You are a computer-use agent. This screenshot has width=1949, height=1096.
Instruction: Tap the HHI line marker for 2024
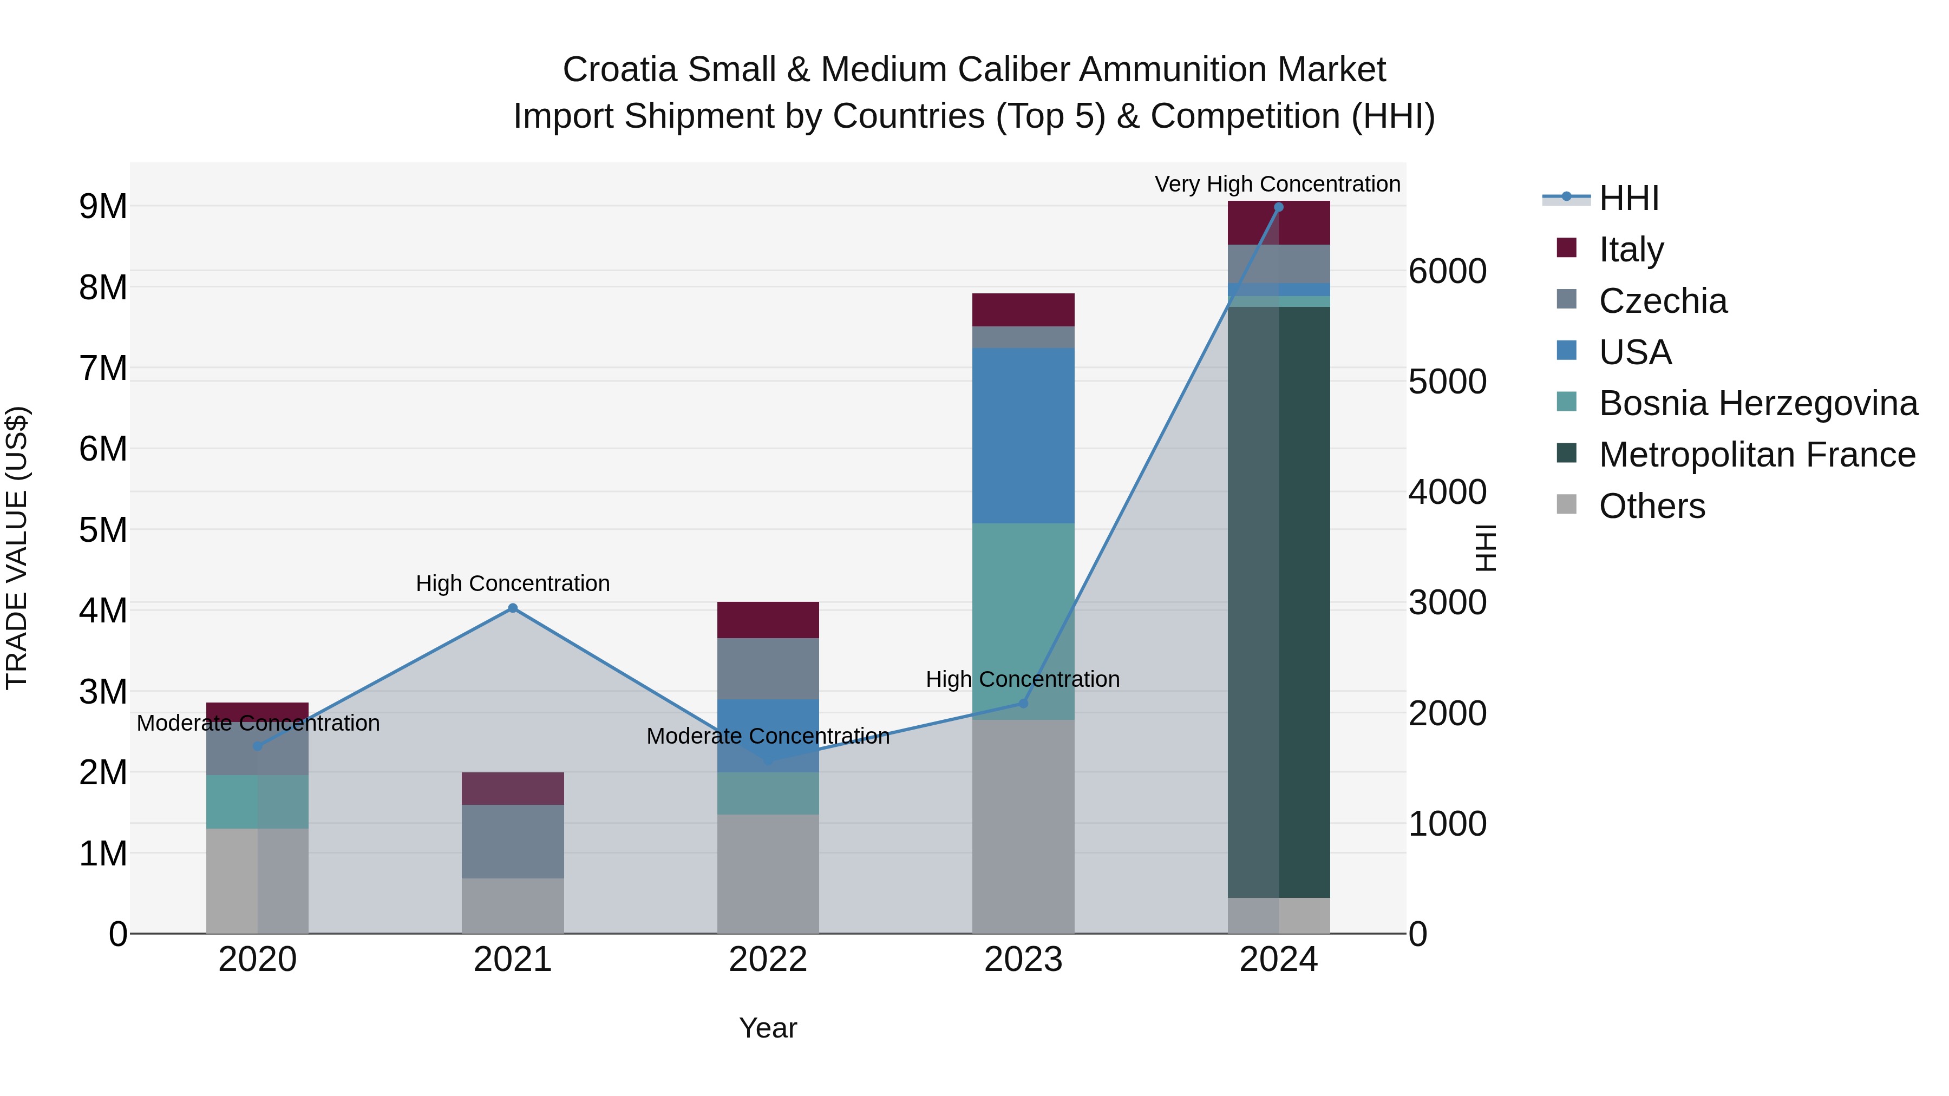[x=1279, y=207]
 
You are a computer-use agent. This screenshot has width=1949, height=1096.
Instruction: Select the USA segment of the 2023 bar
[x=1023, y=436]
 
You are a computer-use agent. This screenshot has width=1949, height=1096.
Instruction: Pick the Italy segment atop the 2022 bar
[x=768, y=620]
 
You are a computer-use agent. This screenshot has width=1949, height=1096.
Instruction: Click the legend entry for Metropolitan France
[x=1757, y=455]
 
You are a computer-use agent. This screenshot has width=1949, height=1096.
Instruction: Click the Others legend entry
[x=1652, y=506]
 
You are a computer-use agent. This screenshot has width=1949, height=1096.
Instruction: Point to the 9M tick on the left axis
[x=103, y=207]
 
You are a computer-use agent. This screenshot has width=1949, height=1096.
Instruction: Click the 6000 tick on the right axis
[x=1447, y=272]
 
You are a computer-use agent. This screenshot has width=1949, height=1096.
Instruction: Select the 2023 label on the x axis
[x=1023, y=960]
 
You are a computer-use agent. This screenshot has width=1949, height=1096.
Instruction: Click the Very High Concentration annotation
[x=1277, y=184]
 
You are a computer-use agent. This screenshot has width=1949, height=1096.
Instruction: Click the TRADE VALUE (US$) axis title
[x=17, y=548]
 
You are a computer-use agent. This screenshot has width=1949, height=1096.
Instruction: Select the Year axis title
[x=767, y=1028]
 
